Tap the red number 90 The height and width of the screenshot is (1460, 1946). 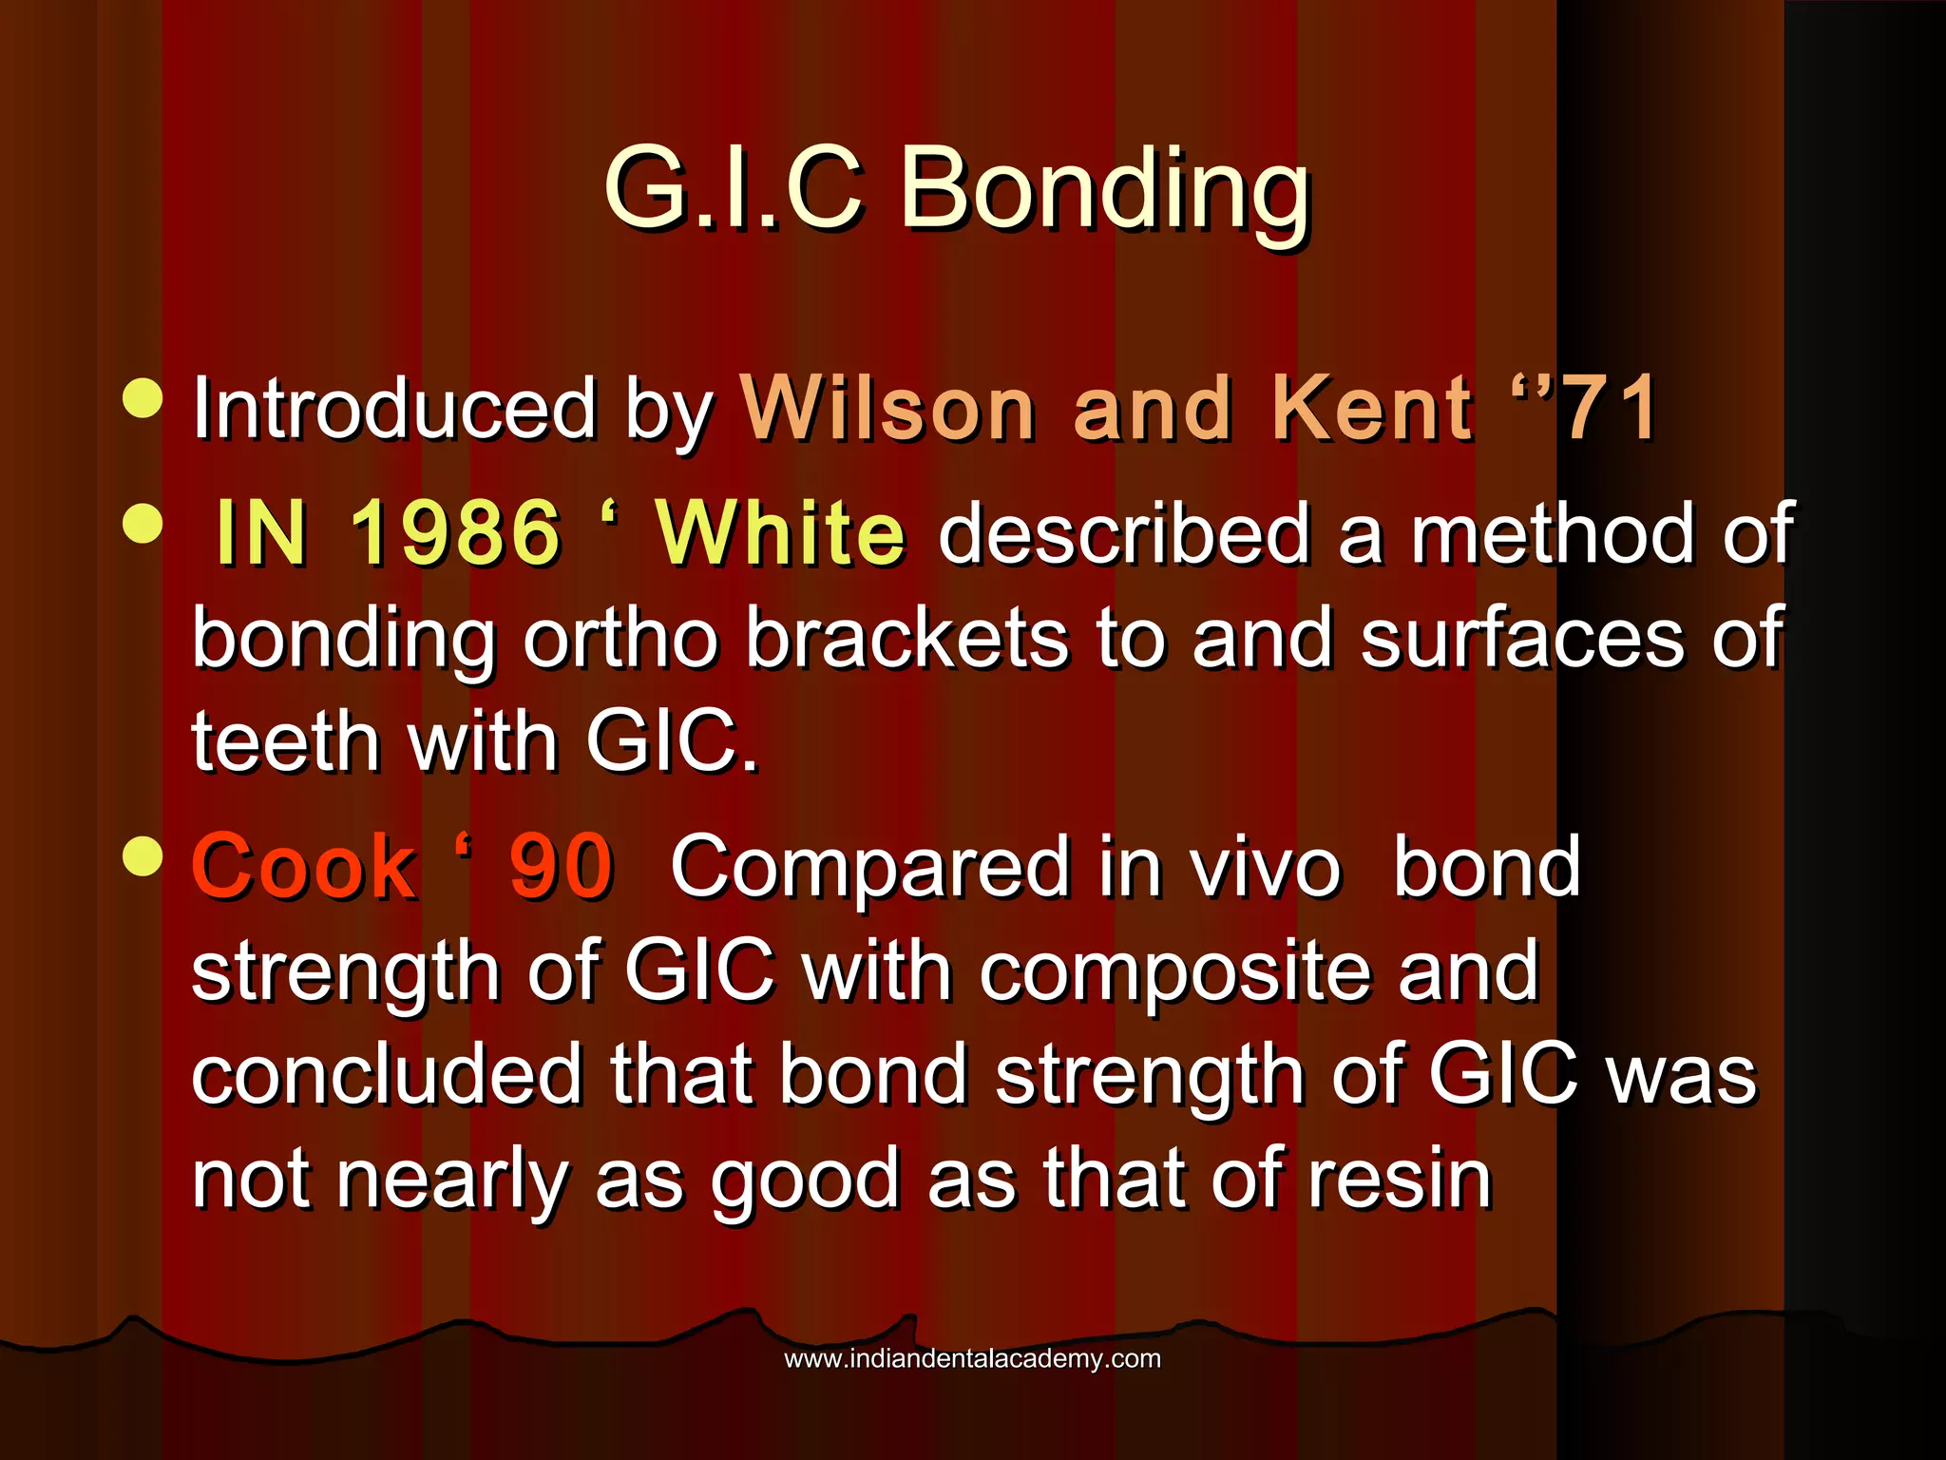point(562,867)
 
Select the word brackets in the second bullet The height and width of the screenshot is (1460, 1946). point(906,639)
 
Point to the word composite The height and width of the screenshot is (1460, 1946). point(1173,971)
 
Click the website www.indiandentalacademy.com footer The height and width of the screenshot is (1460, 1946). point(972,1358)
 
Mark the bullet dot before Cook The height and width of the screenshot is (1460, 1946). point(143,855)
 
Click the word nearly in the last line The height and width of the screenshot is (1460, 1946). point(452,1181)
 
